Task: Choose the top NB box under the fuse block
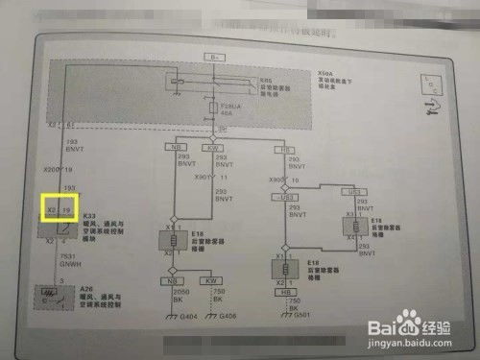(x=176, y=147)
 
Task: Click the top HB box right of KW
(x=285, y=150)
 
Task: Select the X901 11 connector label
(x=231, y=178)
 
